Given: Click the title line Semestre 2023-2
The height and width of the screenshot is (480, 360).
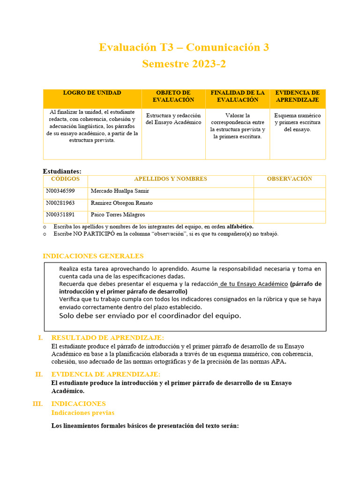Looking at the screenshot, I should pyautogui.click(x=184, y=64).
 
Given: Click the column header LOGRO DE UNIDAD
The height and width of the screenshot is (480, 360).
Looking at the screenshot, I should pyautogui.click(x=92, y=93).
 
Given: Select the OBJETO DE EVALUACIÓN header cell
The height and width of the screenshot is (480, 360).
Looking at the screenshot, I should pyautogui.click(x=173, y=96).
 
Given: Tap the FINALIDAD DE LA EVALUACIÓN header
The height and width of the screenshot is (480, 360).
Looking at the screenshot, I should pyautogui.click(x=237, y=96).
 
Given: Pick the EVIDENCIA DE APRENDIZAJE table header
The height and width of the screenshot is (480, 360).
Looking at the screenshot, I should pyautogui.click(x=297, y=96).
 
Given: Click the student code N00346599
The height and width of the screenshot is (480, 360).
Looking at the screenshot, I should pyautogui.click(x=60, y=191).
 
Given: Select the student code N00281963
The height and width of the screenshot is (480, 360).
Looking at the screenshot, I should pyautogui.click(x=60, y=203).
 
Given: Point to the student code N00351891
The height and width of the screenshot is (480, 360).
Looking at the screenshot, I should pyautogui.click(x=60, y=215).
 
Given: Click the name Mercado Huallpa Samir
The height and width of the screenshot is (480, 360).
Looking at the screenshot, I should pyautogui.click(x=120, y=191).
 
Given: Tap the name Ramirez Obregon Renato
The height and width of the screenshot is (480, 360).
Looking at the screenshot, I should pyautogui.click(x=121, y=203).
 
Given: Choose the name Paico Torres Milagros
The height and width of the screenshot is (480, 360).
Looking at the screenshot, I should pyautogui.click(x=118, y=215).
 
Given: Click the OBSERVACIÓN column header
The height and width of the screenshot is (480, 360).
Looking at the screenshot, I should pyautogui.click(x=289, y=179).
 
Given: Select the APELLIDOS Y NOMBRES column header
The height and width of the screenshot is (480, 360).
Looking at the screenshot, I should pyautogui.click(x=170, y=179).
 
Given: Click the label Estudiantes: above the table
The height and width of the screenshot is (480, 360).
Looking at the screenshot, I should pyautogui.click(x=62, y=172).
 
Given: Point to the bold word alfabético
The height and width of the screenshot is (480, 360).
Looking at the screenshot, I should pyautogui.click(x=240, y=226).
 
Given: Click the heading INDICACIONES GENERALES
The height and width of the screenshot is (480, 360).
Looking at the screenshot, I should pyautogui.click(x=93, y=256).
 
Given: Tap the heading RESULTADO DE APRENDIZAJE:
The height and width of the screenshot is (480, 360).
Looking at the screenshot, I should pyautogui.click(x=108, y=337).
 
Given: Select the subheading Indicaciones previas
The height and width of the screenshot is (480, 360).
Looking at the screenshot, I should pyautogui.click(x=82, y=412).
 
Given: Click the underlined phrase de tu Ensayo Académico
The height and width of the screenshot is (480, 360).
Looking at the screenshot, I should pyautogui.click(x=253, y=284).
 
